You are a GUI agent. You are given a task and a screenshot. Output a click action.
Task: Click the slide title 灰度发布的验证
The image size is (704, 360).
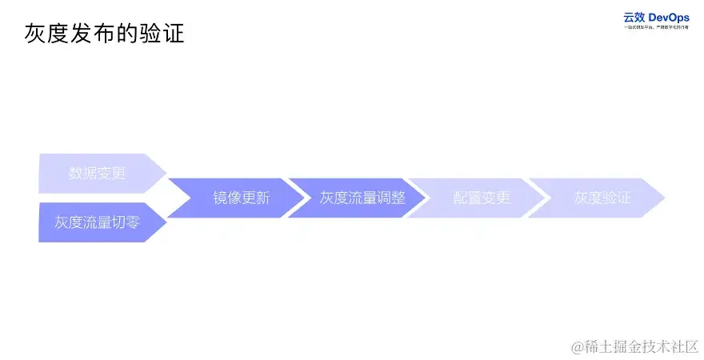point(105,34)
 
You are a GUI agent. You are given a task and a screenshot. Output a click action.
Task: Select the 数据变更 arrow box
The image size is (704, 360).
point(97,174)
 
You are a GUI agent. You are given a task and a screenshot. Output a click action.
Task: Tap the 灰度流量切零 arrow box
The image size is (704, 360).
point(97,222)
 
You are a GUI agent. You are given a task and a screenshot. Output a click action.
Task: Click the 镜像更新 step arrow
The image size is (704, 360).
point(241,198)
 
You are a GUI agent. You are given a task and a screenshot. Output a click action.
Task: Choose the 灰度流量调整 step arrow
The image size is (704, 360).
point(362,198)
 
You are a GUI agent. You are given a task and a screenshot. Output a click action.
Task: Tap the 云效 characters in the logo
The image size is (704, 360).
point(634,17)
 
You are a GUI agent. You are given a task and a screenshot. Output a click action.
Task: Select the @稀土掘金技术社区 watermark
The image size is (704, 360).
point(634,346)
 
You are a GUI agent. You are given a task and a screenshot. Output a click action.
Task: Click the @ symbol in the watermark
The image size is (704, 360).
point(576,346)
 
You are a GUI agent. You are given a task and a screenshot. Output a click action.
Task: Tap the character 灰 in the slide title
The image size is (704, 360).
point(35,34)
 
